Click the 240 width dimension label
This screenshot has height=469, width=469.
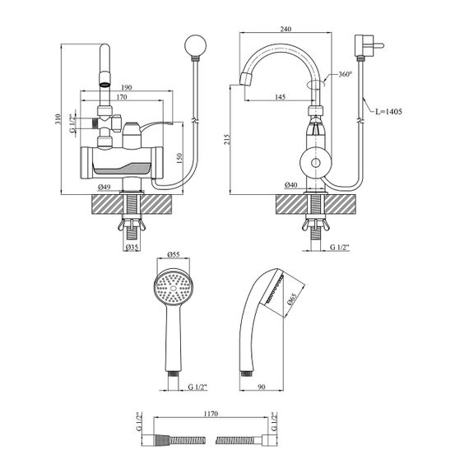coord(286,29)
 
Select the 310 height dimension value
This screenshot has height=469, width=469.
coord(58,119)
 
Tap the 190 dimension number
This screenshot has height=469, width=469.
coord(127,88)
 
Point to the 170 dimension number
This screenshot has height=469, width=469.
coord(122,97)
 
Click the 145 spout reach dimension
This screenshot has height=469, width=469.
coord(280,97)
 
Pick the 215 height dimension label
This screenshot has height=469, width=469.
coord(226,139)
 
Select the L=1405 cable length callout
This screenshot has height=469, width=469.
coord(389,112)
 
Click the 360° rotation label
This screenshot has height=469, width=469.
coord(345,74)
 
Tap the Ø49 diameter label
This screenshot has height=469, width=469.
coord(104,188)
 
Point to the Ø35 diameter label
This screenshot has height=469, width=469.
coord(132,247)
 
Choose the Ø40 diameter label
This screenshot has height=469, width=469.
coord(291,185)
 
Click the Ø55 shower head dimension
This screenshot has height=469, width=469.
coord(174,254)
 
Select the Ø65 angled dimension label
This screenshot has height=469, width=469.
coord(291,299)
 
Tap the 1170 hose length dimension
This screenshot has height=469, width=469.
coord(211,414)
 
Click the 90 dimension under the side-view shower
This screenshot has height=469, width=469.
coord(262,387)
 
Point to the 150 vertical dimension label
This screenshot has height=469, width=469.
coord(179,159)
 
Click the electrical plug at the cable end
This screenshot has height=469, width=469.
coord(368,46)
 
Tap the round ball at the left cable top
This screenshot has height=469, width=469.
coord(196,46)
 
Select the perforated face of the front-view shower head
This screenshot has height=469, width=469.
coord(174,288)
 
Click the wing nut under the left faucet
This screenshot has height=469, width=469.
coord(132,225)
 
